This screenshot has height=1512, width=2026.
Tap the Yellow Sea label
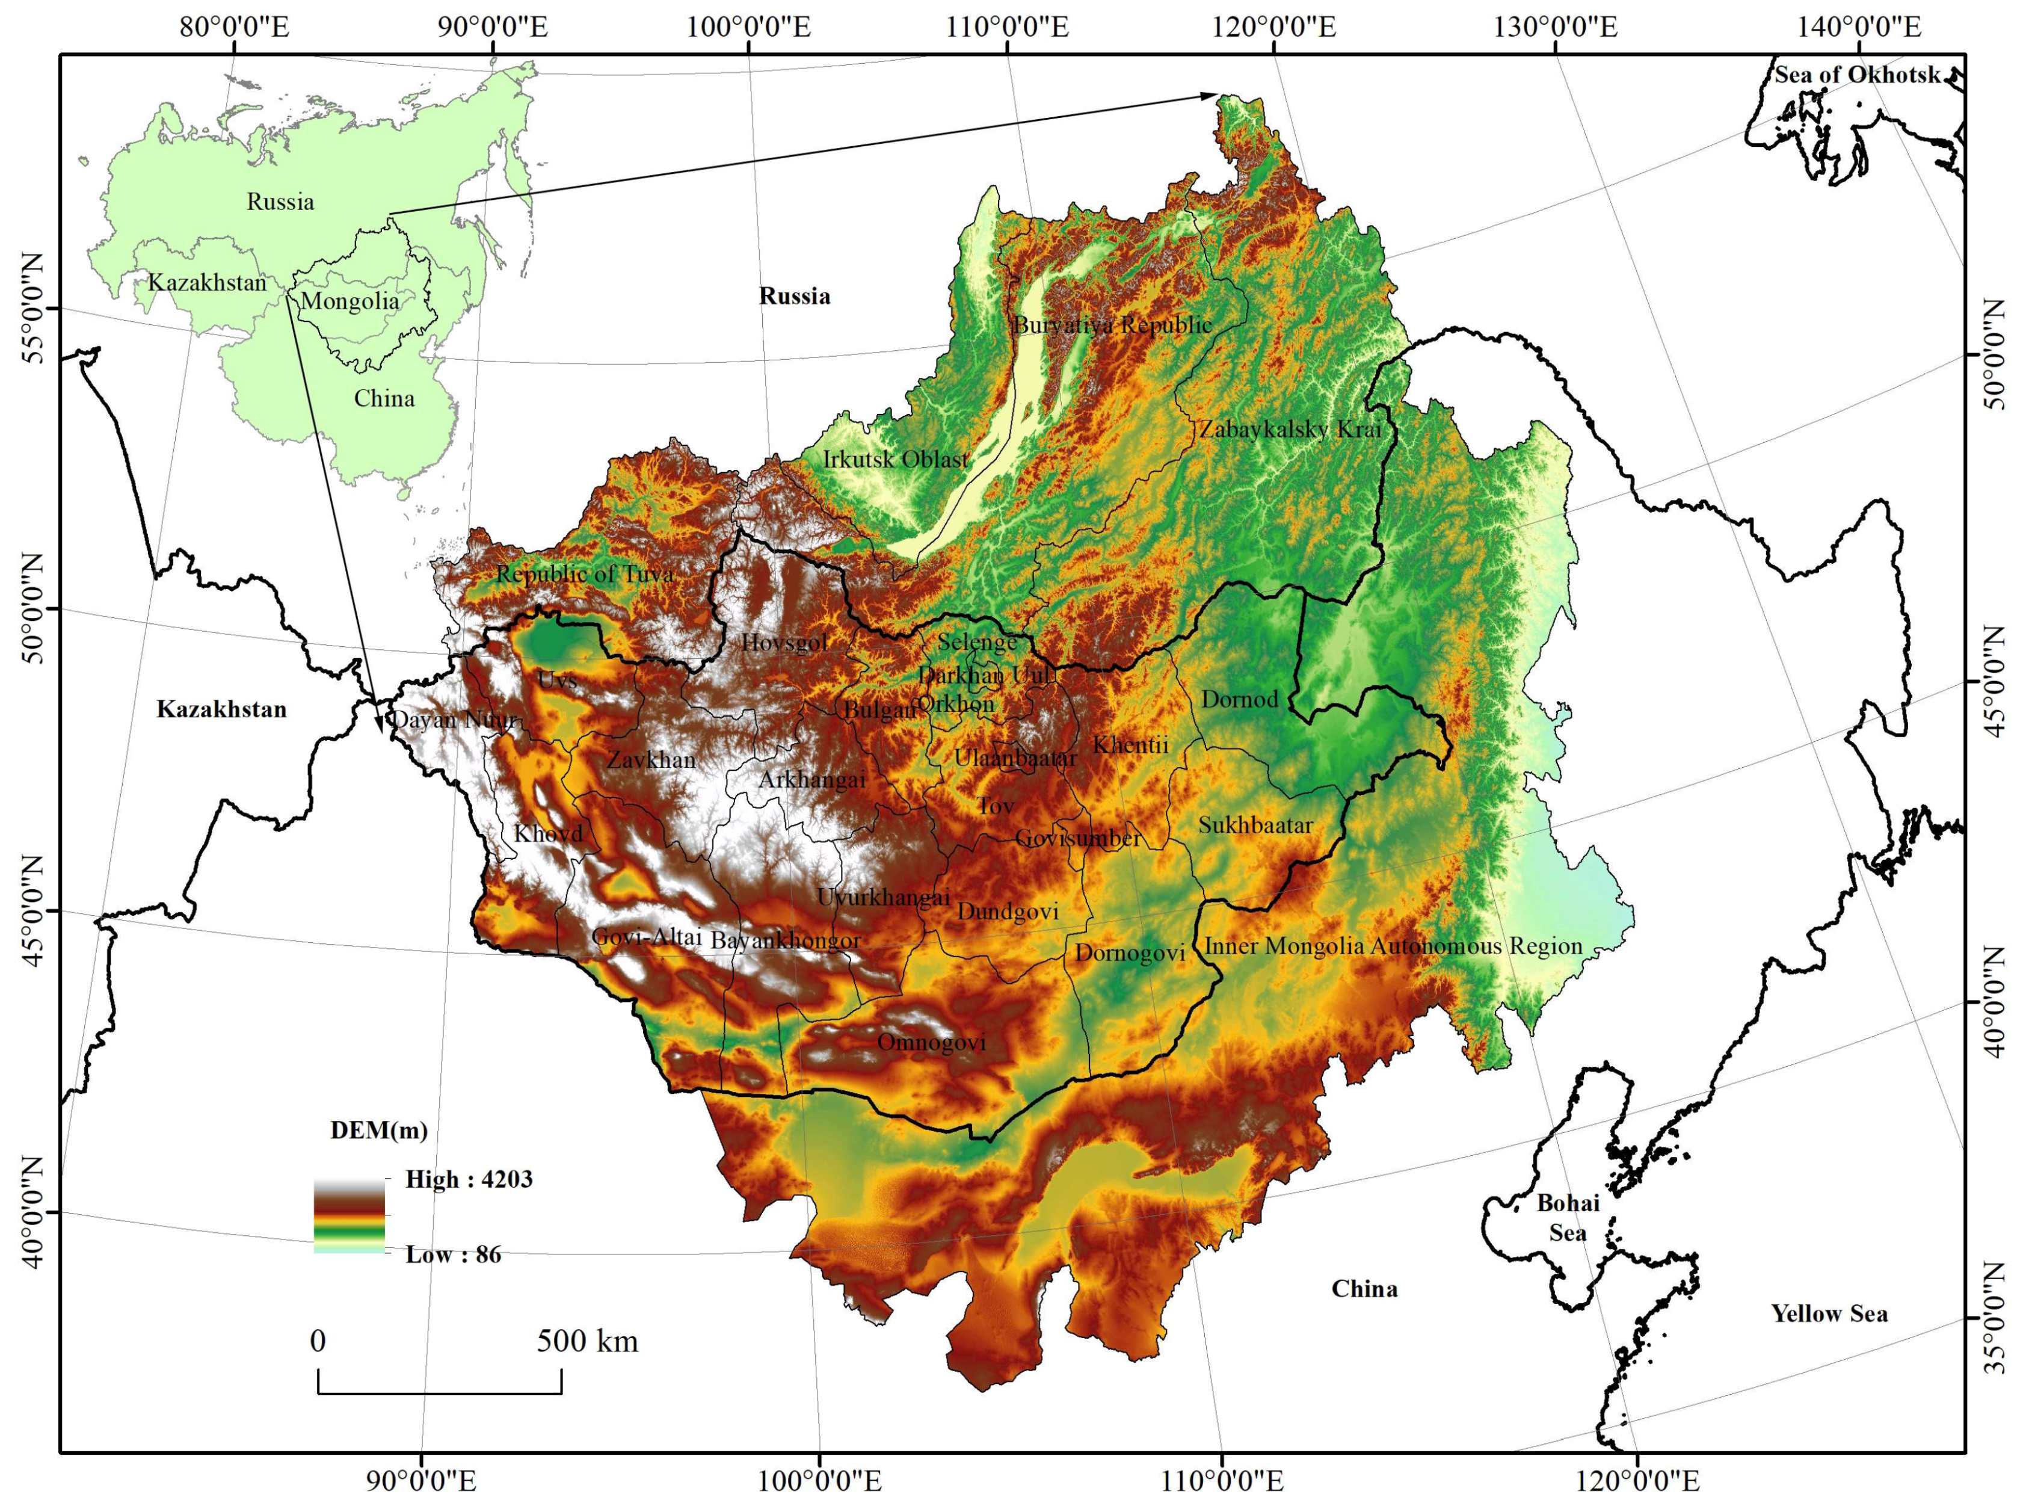coord(1828,1314)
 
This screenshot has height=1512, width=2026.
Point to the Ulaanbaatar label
coord(1015,758)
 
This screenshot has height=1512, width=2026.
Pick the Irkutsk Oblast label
coord(895,460)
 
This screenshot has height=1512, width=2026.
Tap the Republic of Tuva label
coord(585,574)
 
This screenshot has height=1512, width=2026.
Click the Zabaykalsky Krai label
coord(1290,428)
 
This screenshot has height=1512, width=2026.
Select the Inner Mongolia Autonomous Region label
coord(1393,946)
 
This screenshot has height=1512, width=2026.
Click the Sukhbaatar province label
coord(1255,825)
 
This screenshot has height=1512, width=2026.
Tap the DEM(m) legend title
coord(379,1131)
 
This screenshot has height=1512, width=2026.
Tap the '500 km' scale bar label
coord(587,1342)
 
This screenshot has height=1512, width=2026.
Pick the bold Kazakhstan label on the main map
coord(221,709)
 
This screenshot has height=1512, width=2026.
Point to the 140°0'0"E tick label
coord(1859,26)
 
